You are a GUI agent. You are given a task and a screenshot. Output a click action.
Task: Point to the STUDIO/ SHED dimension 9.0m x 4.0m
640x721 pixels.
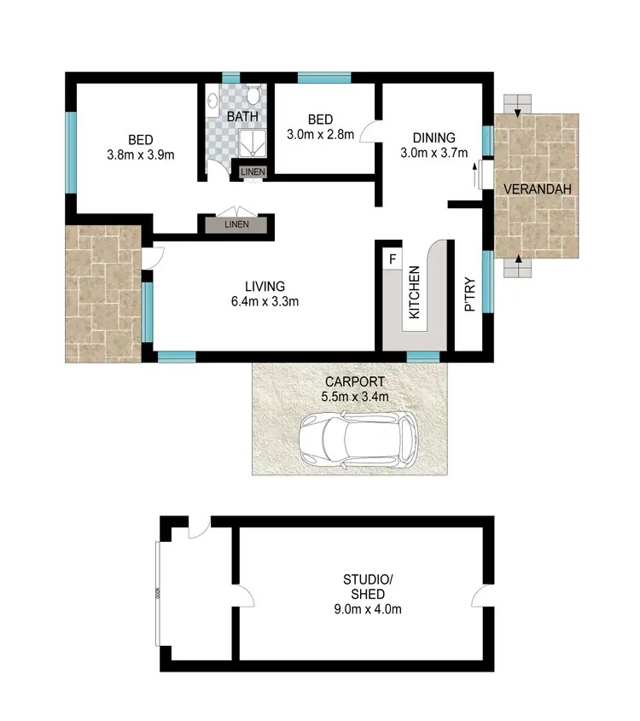click(367, 609)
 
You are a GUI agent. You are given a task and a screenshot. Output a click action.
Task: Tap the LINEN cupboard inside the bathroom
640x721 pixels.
click(253, 172)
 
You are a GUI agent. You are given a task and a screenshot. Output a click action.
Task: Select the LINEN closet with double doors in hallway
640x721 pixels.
click(236, 224)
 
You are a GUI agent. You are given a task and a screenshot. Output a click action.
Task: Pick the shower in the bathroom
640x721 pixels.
click(252, 142)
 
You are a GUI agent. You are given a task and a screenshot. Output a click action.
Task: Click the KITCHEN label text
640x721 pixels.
click(414, 293)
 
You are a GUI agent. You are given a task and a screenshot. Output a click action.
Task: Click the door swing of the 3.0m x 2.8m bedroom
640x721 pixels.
click(369, 132)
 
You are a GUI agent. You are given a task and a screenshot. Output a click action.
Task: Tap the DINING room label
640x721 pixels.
click(433, 137)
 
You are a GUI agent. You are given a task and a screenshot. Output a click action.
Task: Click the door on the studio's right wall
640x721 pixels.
click(483, 596)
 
